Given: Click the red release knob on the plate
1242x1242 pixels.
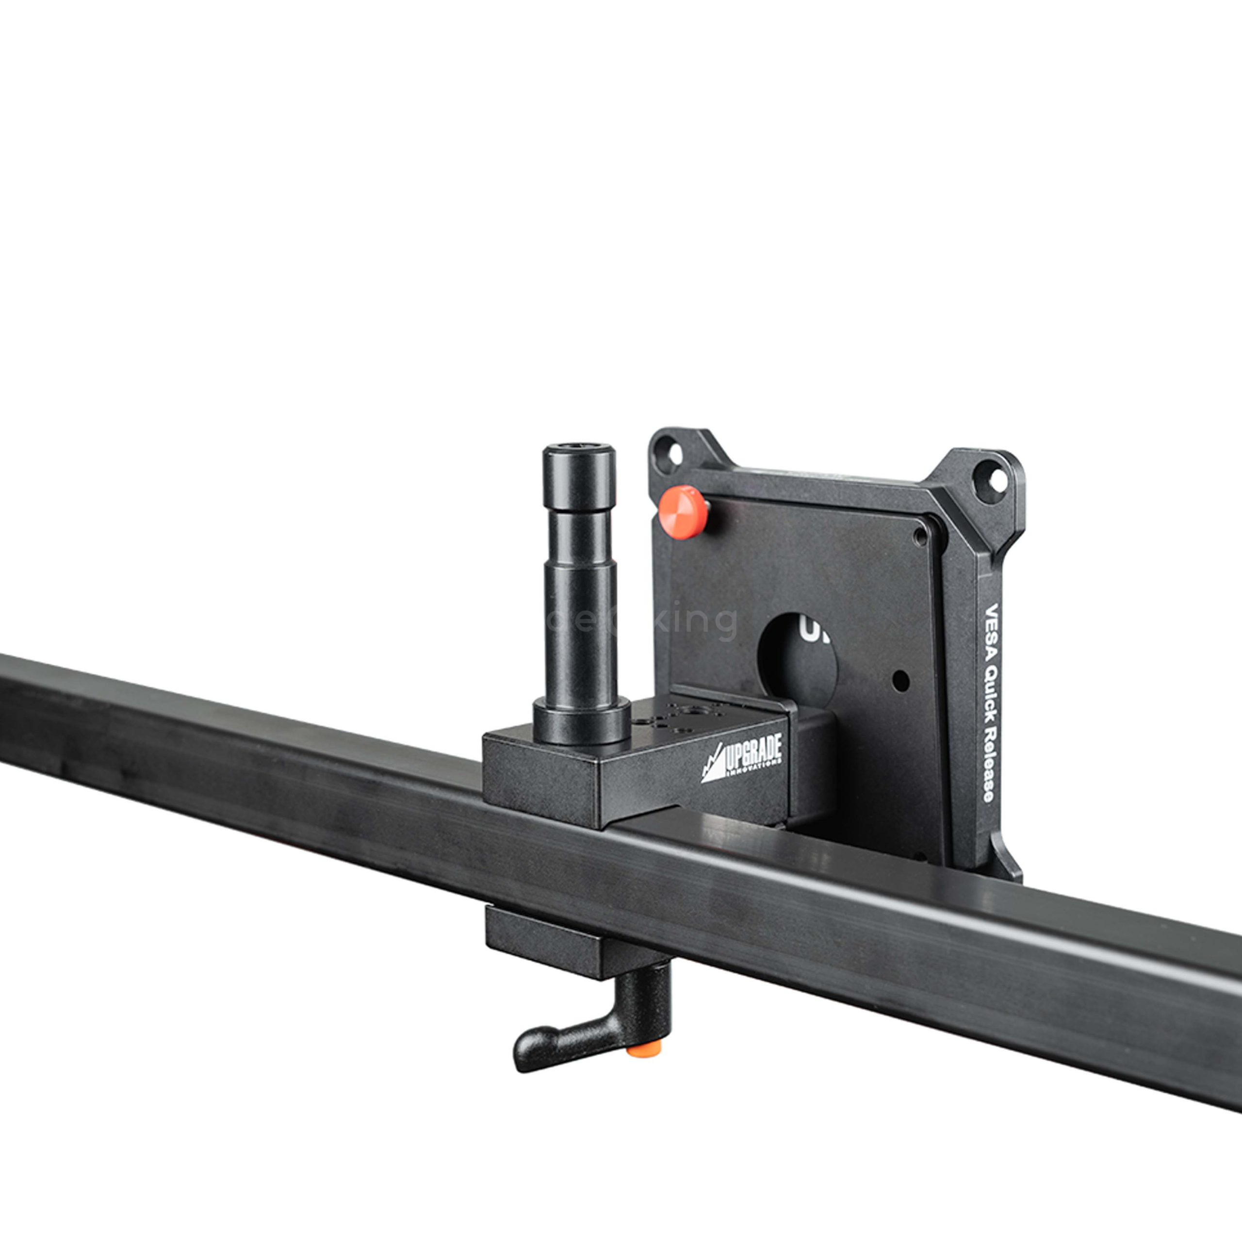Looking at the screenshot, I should pyautogui.click(x=682, y=512).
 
